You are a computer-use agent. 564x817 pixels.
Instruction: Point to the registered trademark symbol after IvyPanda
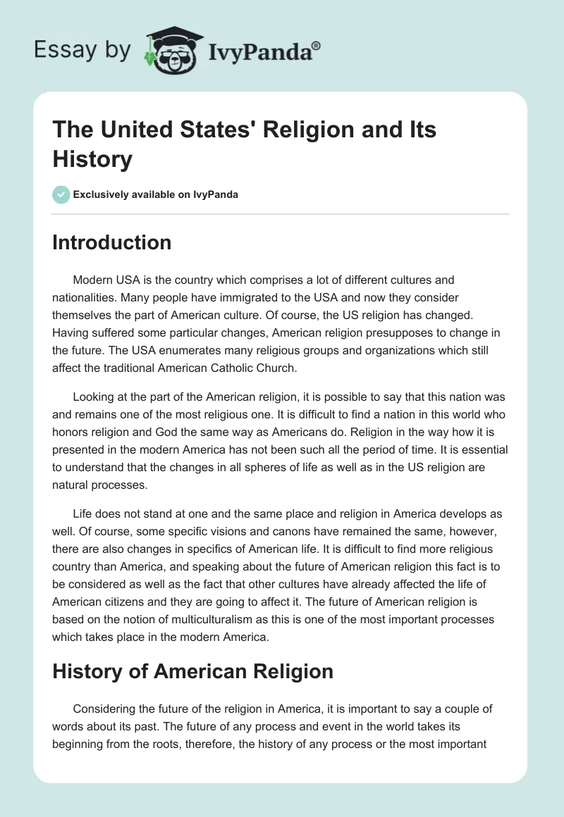[x=317, y=44]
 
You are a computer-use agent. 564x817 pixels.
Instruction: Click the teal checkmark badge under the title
[x=61, y=194]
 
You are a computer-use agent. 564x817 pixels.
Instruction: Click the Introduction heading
[x=112, y=242]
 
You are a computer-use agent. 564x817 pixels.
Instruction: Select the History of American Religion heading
[x=192, y=671]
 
